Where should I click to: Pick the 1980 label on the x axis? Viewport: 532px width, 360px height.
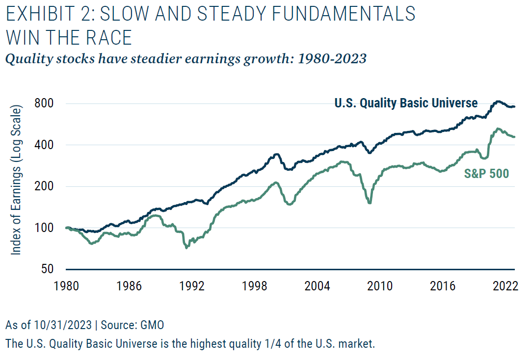[66, 285]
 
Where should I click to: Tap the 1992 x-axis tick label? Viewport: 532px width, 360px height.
[191, 285]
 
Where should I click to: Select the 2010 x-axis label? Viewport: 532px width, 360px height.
[380, 285]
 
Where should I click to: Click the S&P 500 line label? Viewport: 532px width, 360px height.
[486, 173]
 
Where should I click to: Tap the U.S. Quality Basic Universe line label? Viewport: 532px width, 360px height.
[406, 103]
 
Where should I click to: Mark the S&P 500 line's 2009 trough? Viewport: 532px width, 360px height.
[370, 203]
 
